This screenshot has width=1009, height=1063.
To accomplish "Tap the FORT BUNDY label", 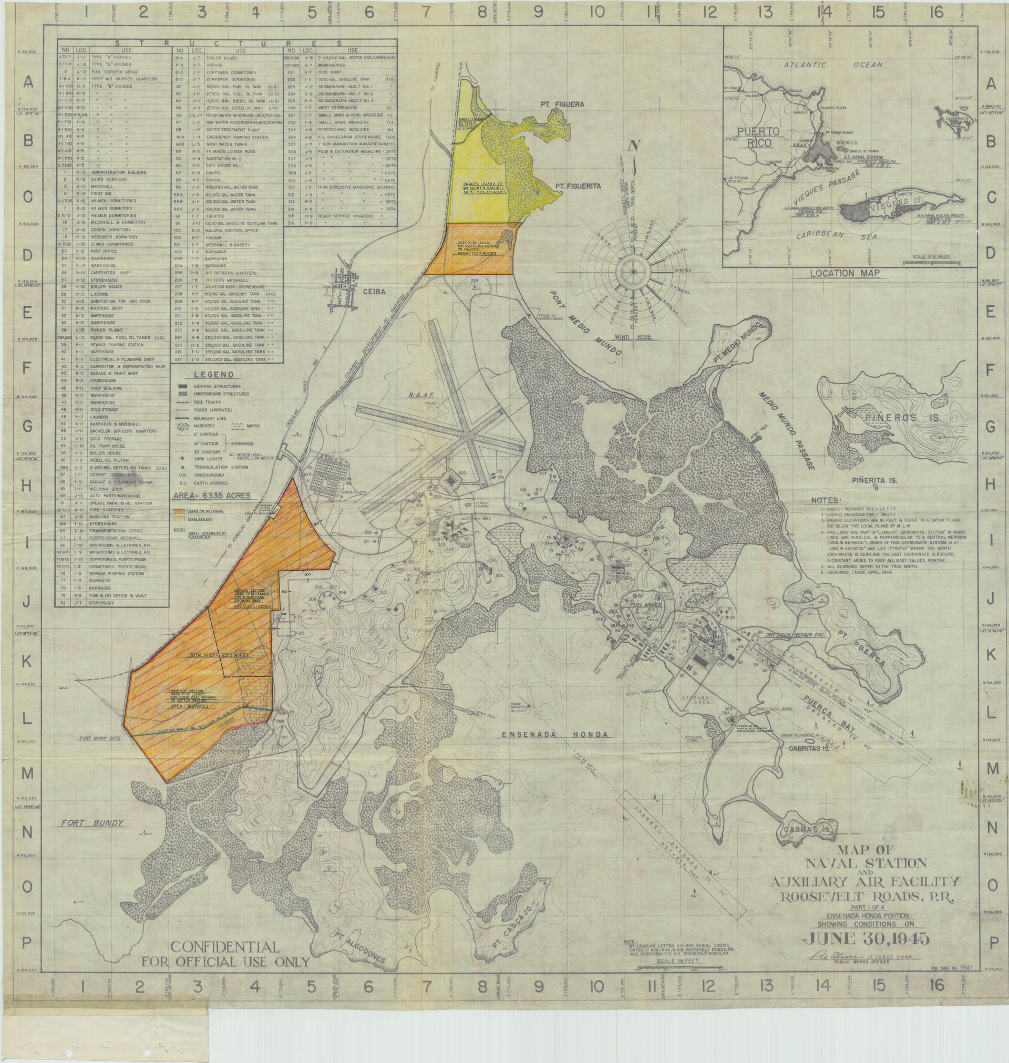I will coord(92,823).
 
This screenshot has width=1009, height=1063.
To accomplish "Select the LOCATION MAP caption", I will coord(845,273).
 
